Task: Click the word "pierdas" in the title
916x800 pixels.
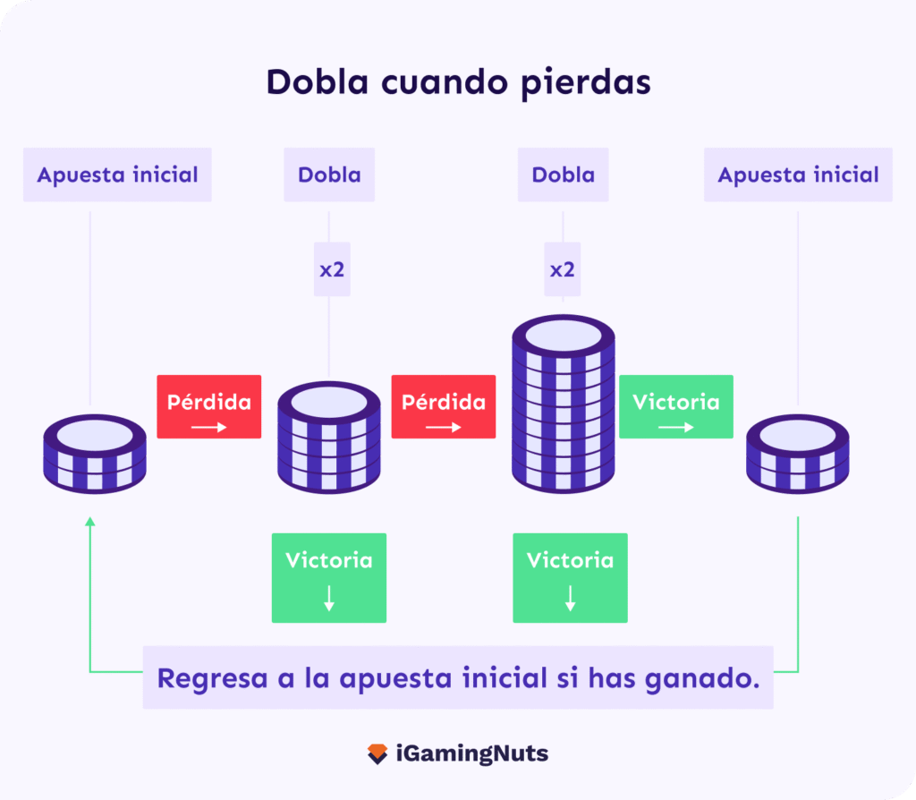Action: click(585, 83)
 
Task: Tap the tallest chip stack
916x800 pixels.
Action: click(564, 404)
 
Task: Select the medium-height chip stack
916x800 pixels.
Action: click(329, 437)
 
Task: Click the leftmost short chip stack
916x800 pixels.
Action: click(95, 454)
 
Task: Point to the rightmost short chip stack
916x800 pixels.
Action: click(797, 454)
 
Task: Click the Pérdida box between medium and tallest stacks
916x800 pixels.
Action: click(444, 407)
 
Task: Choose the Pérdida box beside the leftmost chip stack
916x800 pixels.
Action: click(209, 407)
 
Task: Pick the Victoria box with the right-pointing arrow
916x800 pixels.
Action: click(676, 407)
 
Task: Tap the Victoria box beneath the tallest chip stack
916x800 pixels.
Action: click(570, 578)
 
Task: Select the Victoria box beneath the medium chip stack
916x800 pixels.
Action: click(329, 578)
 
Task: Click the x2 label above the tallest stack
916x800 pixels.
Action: click(563, 269)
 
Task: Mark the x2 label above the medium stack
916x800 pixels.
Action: click(332, 269)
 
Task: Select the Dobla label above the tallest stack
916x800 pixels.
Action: click(564, 174)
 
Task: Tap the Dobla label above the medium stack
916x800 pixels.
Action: click(329, 174)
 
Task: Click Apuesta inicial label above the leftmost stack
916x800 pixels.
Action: click(117, 174)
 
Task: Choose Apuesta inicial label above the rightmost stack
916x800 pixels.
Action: click(798, 174)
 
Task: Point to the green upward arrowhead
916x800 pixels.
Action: click(90, 522)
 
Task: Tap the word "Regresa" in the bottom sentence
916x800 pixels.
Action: click(213, 679)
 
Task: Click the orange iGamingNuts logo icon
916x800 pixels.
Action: click(377, 753)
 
